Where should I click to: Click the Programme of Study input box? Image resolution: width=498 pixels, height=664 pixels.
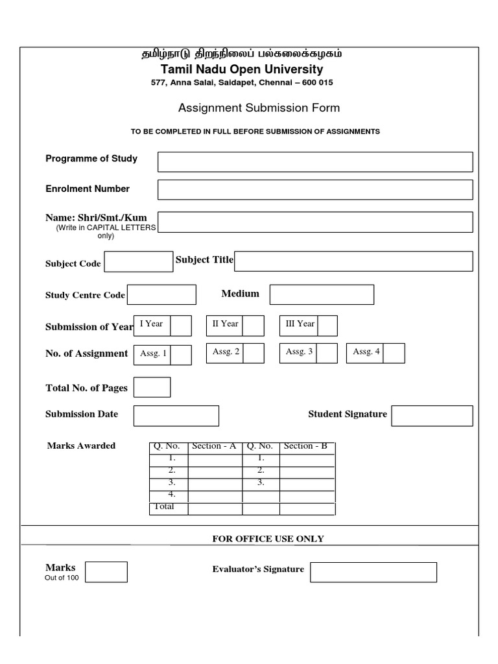coord(315,162)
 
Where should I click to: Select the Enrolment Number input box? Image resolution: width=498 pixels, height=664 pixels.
coord(315,190)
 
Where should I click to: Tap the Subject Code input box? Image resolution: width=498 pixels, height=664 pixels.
coord(139,262)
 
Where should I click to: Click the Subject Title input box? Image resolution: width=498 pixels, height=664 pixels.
coord(353,261)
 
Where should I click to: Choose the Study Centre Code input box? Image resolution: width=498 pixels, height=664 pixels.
coord(161,294)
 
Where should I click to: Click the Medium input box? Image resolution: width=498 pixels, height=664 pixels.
coord(322,294)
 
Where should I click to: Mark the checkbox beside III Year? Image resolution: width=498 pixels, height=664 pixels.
coord(327,326)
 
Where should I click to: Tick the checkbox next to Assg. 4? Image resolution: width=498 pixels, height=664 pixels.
coord(394,353)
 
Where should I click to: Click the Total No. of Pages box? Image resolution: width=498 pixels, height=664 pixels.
coord(152,387)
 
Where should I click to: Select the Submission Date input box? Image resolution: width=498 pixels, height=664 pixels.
coord(176,416)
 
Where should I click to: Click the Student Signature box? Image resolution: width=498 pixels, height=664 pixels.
coord(432,416)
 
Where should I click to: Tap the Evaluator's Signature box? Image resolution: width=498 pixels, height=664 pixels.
coord(373,572)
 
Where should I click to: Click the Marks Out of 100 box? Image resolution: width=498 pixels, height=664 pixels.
coord(106,572)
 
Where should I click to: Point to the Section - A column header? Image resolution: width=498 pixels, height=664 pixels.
coord(214,446)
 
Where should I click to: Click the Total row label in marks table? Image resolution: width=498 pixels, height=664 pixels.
coord(164,507)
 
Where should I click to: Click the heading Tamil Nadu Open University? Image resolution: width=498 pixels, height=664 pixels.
coord(242,69)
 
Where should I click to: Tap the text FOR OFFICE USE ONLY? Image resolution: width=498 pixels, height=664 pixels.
coord(268,539)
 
